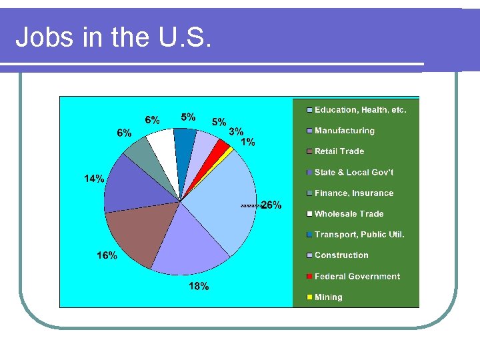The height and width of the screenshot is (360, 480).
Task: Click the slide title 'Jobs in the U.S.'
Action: pos(113,38)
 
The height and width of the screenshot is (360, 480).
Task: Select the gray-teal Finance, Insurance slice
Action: pos(140,153)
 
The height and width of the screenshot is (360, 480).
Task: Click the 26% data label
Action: pos(271,205)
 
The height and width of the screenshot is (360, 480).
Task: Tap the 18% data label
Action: pos(199,286)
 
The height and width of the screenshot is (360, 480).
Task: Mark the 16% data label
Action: pos(107,255)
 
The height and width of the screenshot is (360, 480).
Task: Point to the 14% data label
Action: pos(94,179)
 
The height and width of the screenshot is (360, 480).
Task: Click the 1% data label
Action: pos(247,142)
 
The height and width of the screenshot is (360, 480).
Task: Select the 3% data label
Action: pos(236,132)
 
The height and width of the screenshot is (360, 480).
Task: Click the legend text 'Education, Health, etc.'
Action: pos(360,110)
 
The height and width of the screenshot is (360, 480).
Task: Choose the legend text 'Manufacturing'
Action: pos(345,131)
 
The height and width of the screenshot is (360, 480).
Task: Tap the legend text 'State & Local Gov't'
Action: pos(354,172)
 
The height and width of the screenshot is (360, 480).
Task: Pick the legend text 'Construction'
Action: pos(341,255)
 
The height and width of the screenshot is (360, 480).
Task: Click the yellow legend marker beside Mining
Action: pos(309,297)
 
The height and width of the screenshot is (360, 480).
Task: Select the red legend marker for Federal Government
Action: pos(309,277)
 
